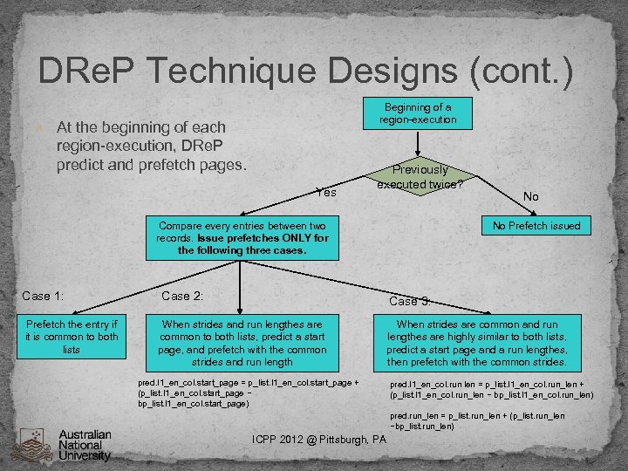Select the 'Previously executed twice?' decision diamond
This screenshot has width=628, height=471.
pyautogui.click(x=420, y=177)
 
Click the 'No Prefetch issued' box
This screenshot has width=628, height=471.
pyautogui.click(x=535, y=226)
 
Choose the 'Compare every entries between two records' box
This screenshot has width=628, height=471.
pyautogui.click(x=242, y=238)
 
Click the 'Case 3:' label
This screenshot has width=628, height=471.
pyautogui.click(x=409, y=301)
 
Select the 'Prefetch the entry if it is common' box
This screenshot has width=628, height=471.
pyautogui.click(x=72, y=337)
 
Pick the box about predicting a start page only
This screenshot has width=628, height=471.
pyautogui.click(x=242, y=344)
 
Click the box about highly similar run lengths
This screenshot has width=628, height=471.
pyautogui.click(x=477, y=344)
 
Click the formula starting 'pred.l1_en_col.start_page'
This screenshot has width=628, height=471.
pyautogui.click(x=248, y=393)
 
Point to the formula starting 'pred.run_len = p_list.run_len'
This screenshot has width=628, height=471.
pyautogui.click(x=476, y=421)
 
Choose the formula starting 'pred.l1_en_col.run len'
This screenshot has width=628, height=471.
pyautogui.click(x=492, y=389)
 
